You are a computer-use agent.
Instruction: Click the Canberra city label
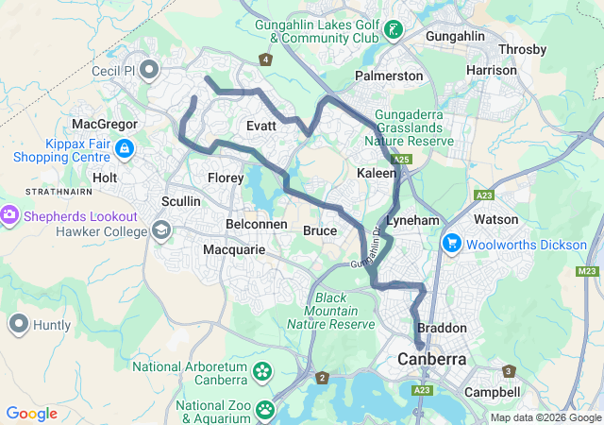pos(432,360)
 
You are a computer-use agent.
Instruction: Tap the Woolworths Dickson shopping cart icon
pos(452,244)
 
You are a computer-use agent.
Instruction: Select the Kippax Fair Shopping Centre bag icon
pos(126,149)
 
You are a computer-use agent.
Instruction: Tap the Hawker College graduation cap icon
pos(160,230)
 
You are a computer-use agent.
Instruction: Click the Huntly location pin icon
pos(18,325)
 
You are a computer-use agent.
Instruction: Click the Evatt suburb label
pos(260,127)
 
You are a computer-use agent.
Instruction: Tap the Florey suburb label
pos(226,177)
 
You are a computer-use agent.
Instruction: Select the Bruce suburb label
pos(319,230)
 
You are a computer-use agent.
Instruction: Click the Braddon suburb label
pos(442,328)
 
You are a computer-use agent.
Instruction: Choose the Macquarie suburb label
pos(235,249)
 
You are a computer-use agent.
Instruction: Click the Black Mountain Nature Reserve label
pos(331,311)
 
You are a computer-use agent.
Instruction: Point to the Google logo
pos(31,413)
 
